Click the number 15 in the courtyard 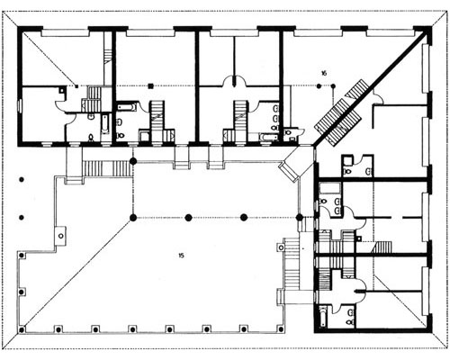pyautogui.click(x=181, y=256)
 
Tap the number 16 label pyautogui.click(x=324, y=73)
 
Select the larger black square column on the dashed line pyautogui.click(x=151, y=86)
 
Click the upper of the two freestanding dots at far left pyautogui.click(x=22, y=180)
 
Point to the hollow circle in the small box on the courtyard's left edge pyautogui.click(x=61, y=236)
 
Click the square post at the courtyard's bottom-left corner pyautogui.click(x=22, y=330)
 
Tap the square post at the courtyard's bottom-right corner pyautogui.click(x=281, y=329)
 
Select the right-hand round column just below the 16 pyautogui.click(x=333, y=86)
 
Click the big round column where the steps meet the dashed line pyautogui.click(x=133, y=161)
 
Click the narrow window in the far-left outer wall pyautogui.click(x=20, y=105)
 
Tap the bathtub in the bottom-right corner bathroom pyautogui.click(x=323, y=317)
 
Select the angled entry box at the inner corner pyautogui.click(x=289, y=170)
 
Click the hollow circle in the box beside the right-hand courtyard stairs pyautogui.click(x=281, y=247)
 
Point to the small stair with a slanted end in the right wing pyautogui.click(x=382, y=247)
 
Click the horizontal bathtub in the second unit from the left pyautogui.click(x=127, y=106)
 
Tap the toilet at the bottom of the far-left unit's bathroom pyautogui.click(x=91, y=138)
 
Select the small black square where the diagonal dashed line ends pyautogui.click(x=76, y=86)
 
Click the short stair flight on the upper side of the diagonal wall pyautogui.click(x=356, y=88)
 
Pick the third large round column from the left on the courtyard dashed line pyautogui.click(x=244, y=217)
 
